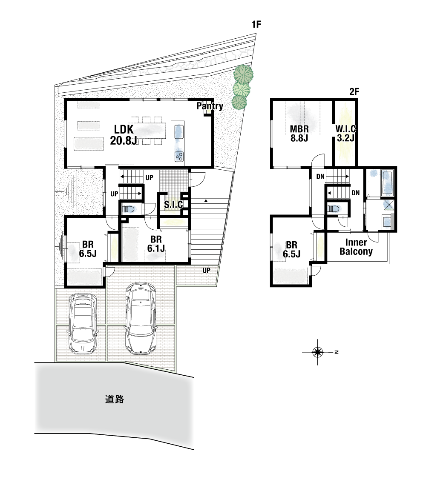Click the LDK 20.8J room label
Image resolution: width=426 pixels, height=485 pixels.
click(124, 135)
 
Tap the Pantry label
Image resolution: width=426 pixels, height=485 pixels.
click(210, 106)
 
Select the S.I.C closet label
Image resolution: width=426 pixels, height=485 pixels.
click(173, 205)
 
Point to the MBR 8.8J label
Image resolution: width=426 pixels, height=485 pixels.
click(299, 133)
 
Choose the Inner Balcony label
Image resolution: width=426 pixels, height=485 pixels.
click(356, 247)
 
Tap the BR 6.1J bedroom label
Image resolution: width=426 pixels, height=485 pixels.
click(156, 244)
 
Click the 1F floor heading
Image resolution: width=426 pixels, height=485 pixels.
click(256, 24)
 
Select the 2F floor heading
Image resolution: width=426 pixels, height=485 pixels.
click(354, 91)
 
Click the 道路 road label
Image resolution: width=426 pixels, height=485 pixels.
click(115, 399)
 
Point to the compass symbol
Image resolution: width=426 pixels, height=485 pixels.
click(318, 352)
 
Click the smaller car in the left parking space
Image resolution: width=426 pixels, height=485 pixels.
click(82, 323)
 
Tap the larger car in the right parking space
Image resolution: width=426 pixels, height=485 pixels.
click(141, 319)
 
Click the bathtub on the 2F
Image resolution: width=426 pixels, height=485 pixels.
click(387, 183)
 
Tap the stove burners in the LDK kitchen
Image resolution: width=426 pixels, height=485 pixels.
click(179, 157)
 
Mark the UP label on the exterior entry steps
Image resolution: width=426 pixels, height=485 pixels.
click(206, 270)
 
